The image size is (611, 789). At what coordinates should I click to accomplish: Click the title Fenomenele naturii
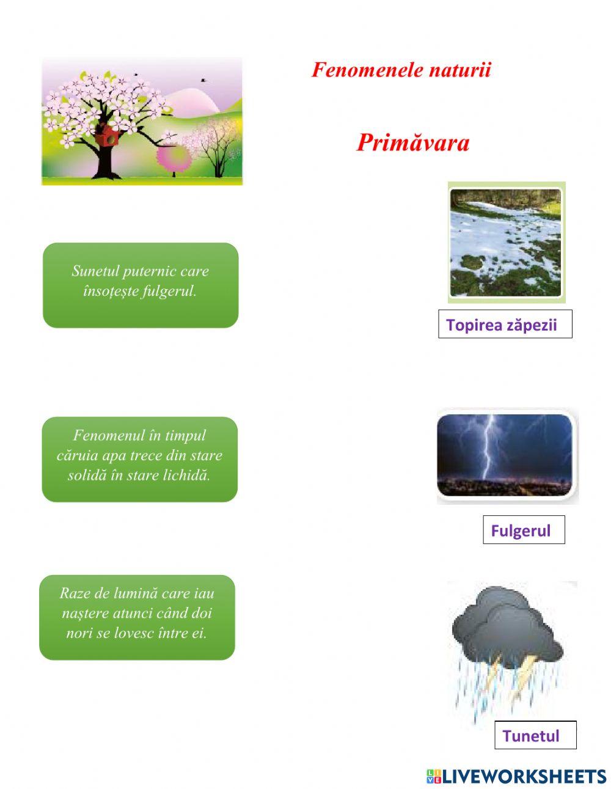pos(401,70)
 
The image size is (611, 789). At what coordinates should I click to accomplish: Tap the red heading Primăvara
pos(413,142)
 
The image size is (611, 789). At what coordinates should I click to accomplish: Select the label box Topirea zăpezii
pos(505,324)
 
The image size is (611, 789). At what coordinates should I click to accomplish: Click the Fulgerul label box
pos(524,530)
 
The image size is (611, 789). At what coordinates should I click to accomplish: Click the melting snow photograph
pos(507,242)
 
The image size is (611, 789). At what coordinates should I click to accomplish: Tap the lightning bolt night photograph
pos(508,456)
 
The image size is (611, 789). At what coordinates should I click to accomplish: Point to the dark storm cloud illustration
pos(508,632)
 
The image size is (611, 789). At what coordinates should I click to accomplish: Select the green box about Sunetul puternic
pos(141,285)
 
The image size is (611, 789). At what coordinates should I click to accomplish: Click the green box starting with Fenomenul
pos(140,460)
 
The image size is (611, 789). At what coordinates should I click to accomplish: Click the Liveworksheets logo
pos(516,774)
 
